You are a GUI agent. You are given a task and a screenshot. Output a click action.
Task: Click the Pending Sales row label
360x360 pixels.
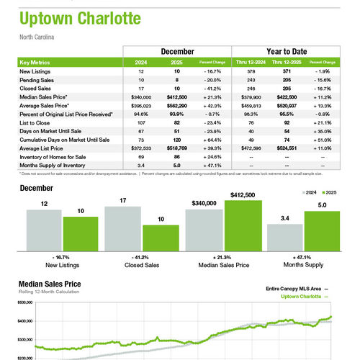(x=37, y=79)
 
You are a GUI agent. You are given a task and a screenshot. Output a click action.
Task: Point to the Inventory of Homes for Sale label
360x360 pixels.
(x=53, y=158)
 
